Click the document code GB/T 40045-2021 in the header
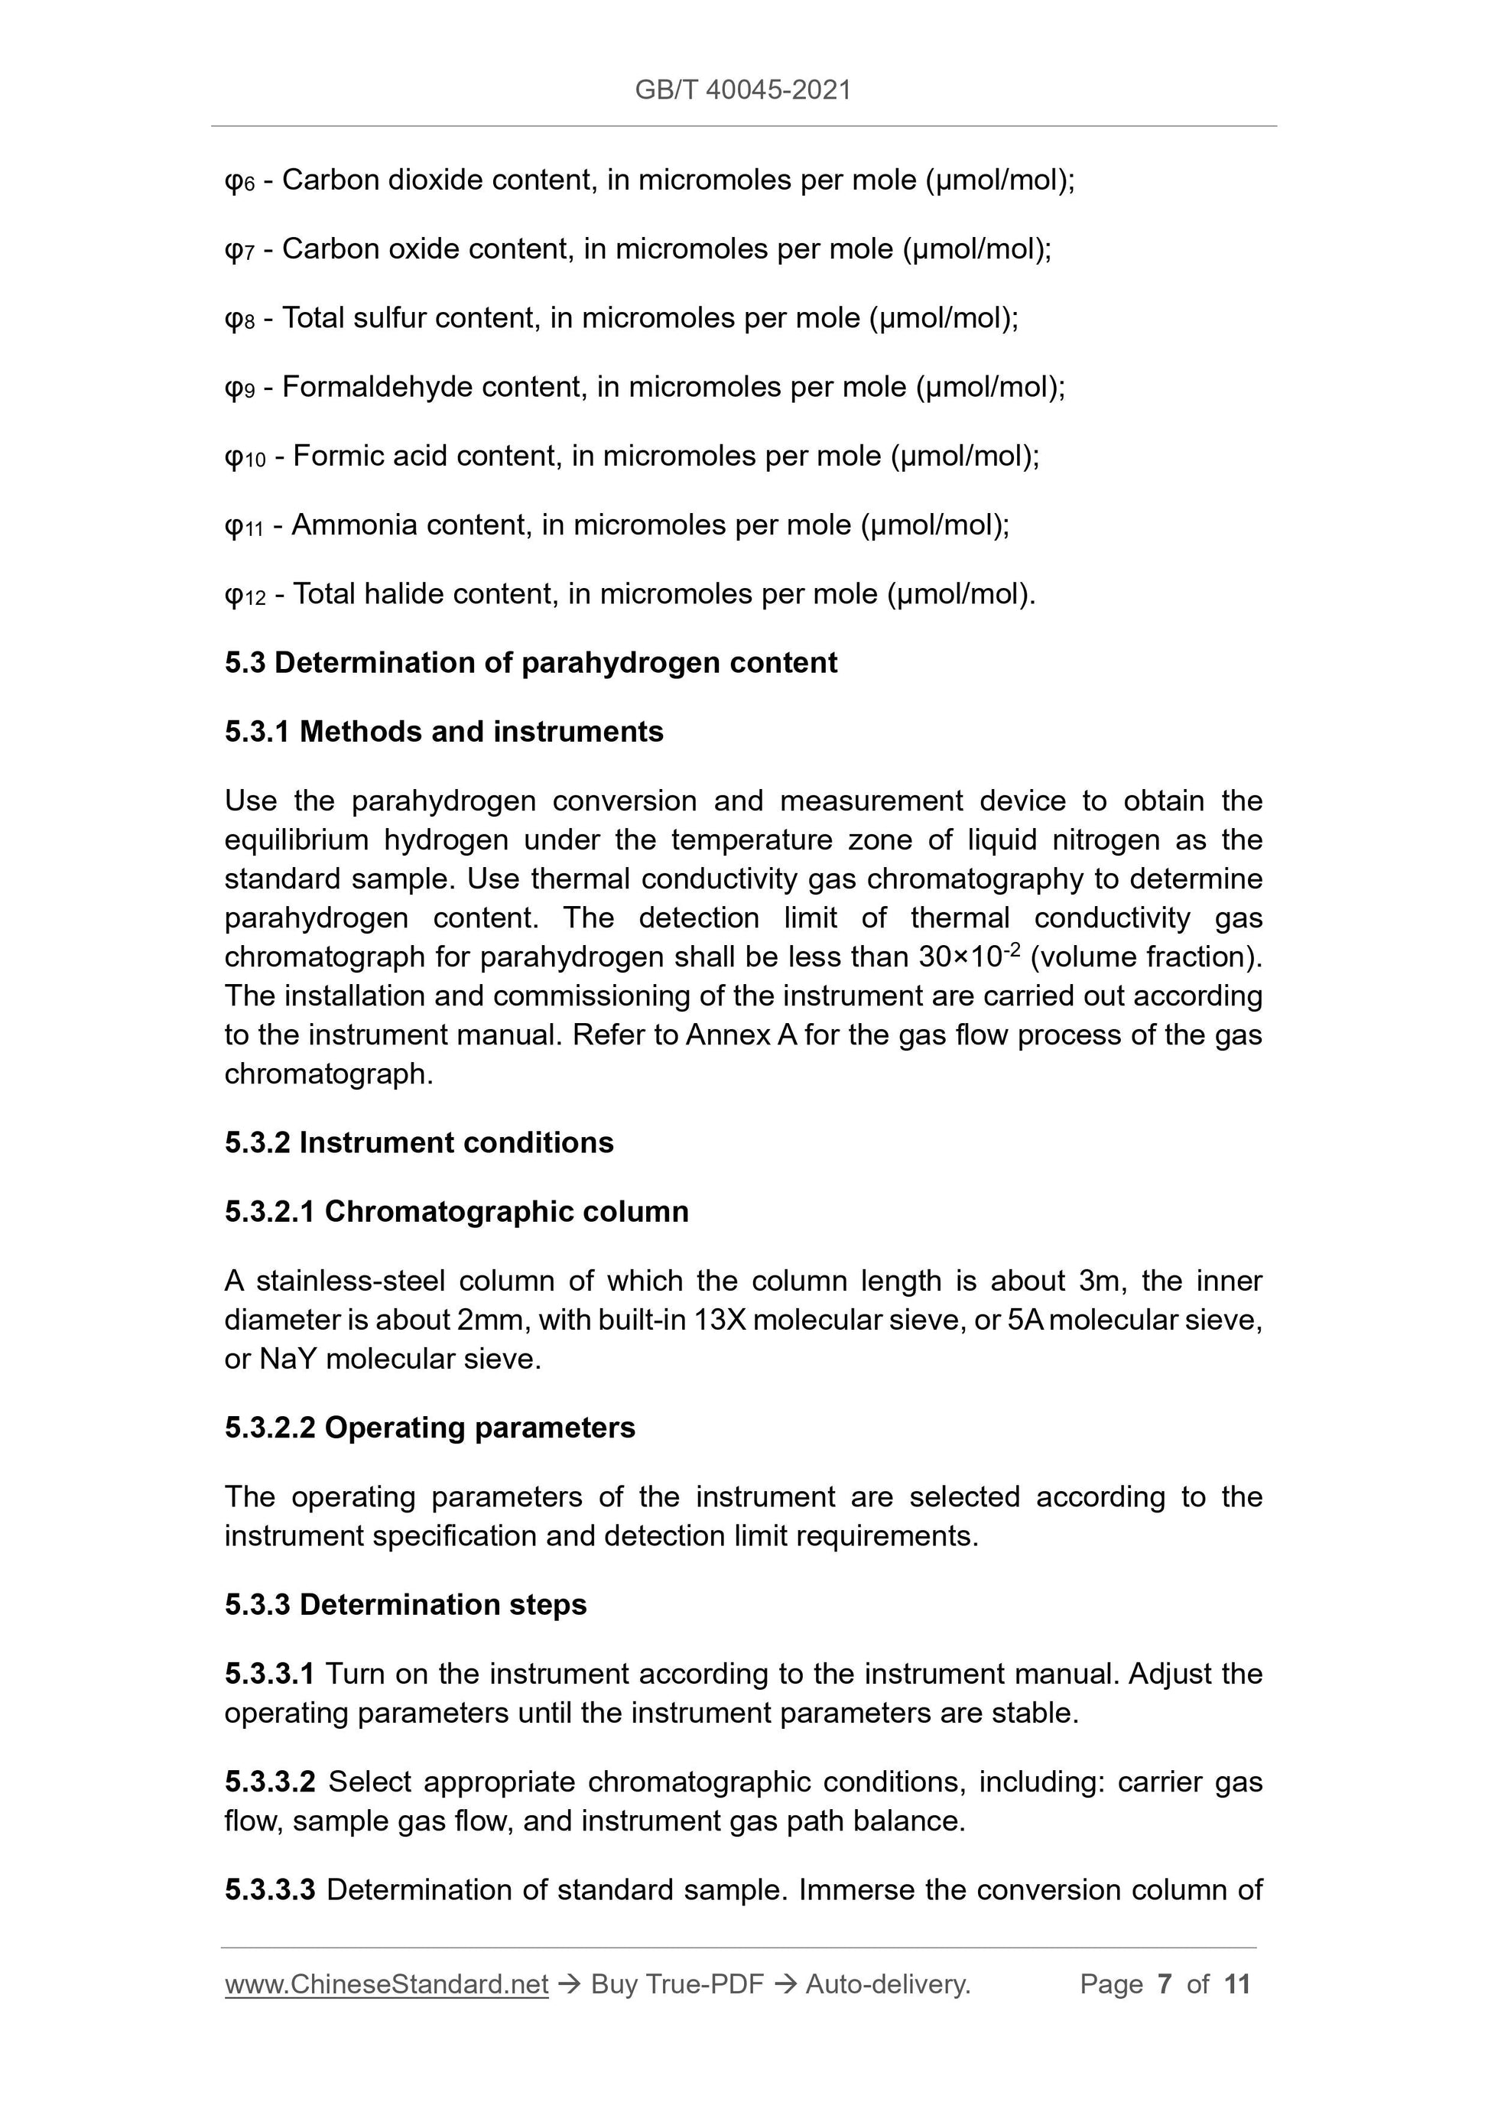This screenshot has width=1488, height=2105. pos(742,90)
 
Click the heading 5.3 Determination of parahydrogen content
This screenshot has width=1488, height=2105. pos(530,663)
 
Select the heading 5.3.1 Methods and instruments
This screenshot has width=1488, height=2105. pos(443,732)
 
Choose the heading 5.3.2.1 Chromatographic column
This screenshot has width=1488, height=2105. pos(456,1212)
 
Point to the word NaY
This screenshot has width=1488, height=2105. pos(287,1359)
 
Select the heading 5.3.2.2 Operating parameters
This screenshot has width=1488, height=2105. pos(429,1428)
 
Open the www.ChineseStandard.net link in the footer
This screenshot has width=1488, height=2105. pos(386,1984)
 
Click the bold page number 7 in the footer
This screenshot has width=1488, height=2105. pos(1164,1984)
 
